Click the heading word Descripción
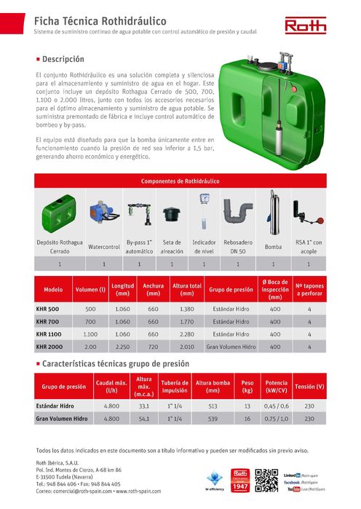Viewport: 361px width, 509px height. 64,58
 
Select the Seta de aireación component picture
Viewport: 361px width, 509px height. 172,214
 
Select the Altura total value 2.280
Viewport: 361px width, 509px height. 187,334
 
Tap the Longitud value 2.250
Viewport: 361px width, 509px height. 122,347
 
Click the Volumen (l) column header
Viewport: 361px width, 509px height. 90,289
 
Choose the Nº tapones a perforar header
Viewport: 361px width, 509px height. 309,289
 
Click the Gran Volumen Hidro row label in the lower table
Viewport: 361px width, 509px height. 61,419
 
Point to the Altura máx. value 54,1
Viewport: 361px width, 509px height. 144,419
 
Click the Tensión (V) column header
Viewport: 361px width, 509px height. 309,386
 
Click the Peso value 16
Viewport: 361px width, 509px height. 247,419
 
